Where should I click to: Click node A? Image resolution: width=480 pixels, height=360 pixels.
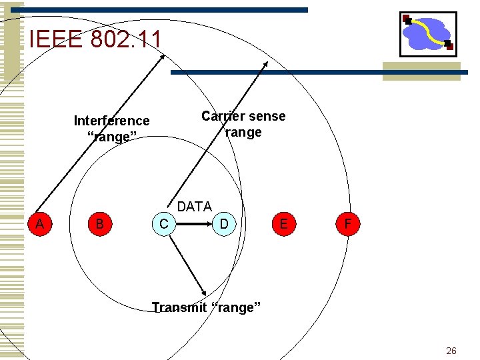[x=40, y=224]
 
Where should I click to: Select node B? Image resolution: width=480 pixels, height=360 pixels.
[x=99, y=224]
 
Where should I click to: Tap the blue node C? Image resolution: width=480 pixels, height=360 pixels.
[x=164, y=224]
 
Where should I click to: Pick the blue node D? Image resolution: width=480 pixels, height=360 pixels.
[x=224, y=224]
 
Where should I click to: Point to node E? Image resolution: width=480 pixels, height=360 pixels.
[x=284, y=224]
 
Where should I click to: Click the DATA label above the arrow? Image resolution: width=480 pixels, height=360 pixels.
[x=194, y=207]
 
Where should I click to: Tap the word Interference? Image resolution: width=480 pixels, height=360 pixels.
[x=111, y=121]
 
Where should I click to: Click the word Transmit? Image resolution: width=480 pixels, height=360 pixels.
[x=178, y=307]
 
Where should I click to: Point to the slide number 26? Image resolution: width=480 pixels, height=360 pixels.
[x=451, y=351]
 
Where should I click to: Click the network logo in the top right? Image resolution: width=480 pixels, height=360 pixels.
[x=427, y=33]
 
